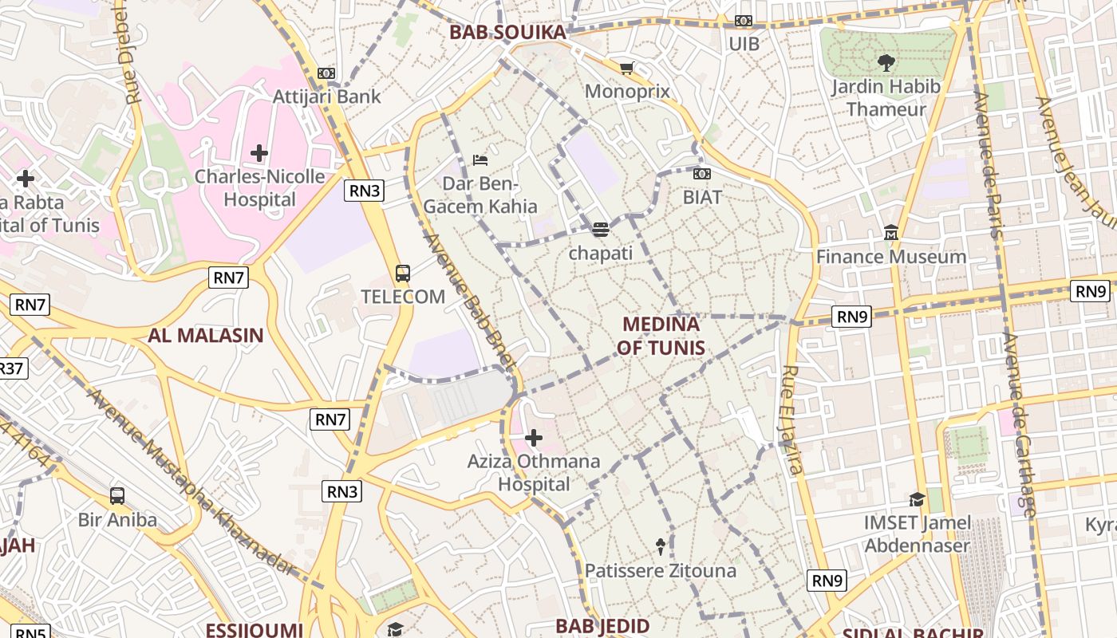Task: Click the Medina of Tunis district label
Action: (661, 336)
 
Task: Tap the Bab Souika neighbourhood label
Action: (507, 33)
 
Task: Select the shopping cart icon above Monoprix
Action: (627, 69)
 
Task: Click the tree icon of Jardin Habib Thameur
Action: (886, 62)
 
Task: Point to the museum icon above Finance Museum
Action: (891, 233)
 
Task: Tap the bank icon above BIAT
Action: (702, 174)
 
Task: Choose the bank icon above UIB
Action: (744, 21)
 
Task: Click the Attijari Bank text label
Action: (327, 96)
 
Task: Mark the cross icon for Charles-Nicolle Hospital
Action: (259, 152)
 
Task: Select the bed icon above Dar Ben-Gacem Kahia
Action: (480, 160)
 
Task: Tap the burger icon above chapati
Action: (601, 230)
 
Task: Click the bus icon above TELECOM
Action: (403, 274)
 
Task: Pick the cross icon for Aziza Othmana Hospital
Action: (534, 438)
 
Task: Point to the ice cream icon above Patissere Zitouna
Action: (661, 547)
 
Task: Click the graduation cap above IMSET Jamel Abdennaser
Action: (917, 500)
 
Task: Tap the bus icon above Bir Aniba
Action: (117, 496)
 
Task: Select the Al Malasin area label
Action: (205, 335)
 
